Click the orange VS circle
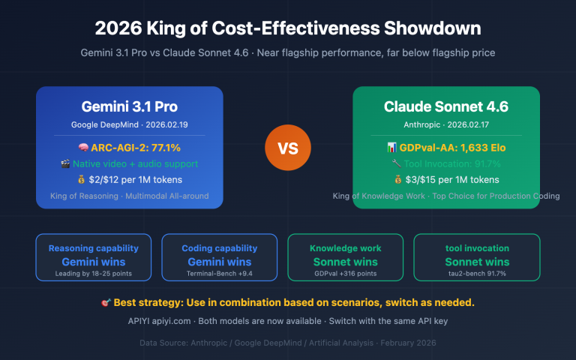(x=288, y=148)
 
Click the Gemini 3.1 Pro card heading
(x=129, y=106)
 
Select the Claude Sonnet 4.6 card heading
(x=445, y=106)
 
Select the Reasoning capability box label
(x=93, y=248)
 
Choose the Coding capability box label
(x=219, y=248)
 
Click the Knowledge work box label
(x=345, y=248)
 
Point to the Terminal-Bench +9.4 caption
(x=219, y=274)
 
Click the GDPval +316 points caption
(x=345, y=274)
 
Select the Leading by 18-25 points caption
(x=93, y=274)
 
